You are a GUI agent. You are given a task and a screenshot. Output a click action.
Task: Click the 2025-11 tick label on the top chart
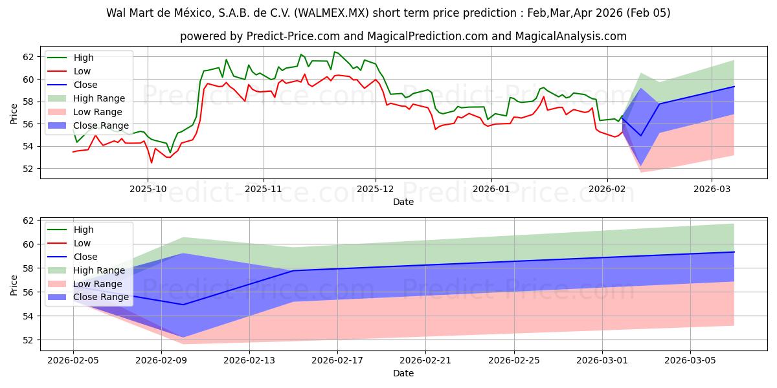(x=263, y=189)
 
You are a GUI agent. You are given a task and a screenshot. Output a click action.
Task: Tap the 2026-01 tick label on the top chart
(x=491, y=189)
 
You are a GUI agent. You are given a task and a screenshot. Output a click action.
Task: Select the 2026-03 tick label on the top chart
(x=712, y=189)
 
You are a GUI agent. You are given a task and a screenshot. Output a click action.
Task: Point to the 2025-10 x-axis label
(x=148, y=189)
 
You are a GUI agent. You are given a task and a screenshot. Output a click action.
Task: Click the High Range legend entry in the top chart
(x=95, y=98)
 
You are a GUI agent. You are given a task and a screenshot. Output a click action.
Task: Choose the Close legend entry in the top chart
(x=85, y=85)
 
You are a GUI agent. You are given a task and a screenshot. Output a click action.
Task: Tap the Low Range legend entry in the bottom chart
(x=95, y=284)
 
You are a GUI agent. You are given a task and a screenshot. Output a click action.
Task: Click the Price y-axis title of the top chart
(x=14, y=113)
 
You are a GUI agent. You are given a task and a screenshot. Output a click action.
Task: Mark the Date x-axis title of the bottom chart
(x=403, y=373)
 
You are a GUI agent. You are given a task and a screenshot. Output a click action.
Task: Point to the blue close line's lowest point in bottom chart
(x=183, y=305)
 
